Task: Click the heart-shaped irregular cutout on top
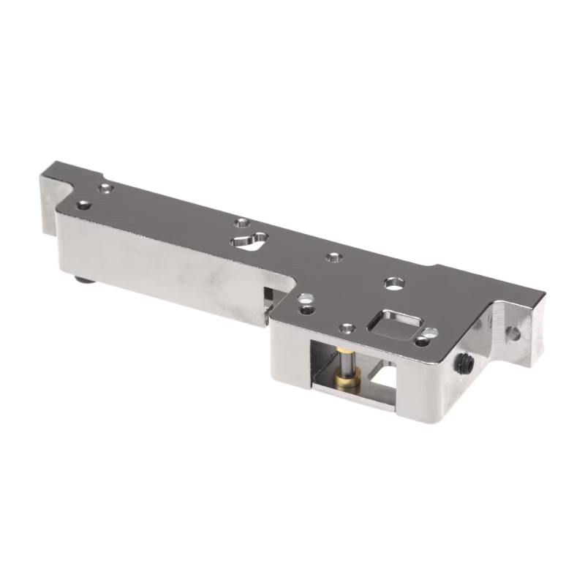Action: click(249, 241)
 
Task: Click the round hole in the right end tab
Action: click(515, 333)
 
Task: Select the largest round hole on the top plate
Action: click(393, 282)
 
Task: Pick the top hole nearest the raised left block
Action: click(107, 189)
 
